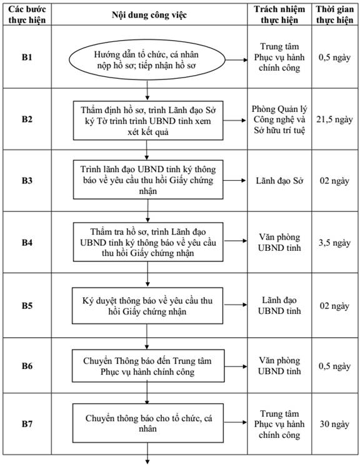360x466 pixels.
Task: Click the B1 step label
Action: coord(27,57)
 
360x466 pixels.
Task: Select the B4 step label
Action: coord(27,243)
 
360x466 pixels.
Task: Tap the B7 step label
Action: coord(27,424)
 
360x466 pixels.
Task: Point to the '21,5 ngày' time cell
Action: coord(334,119)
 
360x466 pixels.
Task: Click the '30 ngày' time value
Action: coord(334,424)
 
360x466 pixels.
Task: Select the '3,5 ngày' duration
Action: coord(334,243)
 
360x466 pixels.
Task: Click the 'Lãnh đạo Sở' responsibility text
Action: coord(279,181)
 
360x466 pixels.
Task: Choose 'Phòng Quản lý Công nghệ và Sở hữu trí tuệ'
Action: coord(279,119)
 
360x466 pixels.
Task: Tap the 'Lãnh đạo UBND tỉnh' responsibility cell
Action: coord(279,305)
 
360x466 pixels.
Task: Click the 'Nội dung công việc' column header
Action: coord(149,15)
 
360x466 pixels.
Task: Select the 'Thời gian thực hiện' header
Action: coord(335,14)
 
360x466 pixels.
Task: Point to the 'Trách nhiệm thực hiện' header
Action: coord(279,14)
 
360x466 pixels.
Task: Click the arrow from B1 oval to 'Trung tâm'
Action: coord(236,60)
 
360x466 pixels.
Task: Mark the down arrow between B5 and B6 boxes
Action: coord(147,337)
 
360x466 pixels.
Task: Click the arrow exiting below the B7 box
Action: coord(147,453)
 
